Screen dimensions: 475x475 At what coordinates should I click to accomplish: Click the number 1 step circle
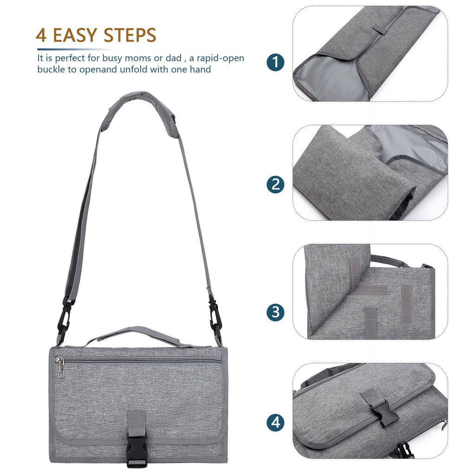[276, 62]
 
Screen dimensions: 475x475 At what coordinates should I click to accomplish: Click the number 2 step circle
[276, 185]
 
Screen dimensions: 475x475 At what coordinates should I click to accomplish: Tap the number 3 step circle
[276, 312]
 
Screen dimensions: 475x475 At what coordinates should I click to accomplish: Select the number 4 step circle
[276, 423]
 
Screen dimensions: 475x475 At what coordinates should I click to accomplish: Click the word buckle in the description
[50, 70]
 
